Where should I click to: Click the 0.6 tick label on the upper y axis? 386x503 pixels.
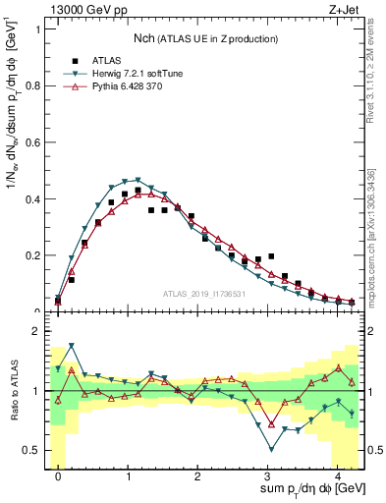click(x=31, y=142)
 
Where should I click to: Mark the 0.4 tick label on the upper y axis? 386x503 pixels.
click(x=31, y=199)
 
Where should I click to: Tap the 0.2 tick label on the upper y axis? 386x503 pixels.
click(x=31, y=255)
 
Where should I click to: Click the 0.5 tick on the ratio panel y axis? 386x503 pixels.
click(x=31, y=450)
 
